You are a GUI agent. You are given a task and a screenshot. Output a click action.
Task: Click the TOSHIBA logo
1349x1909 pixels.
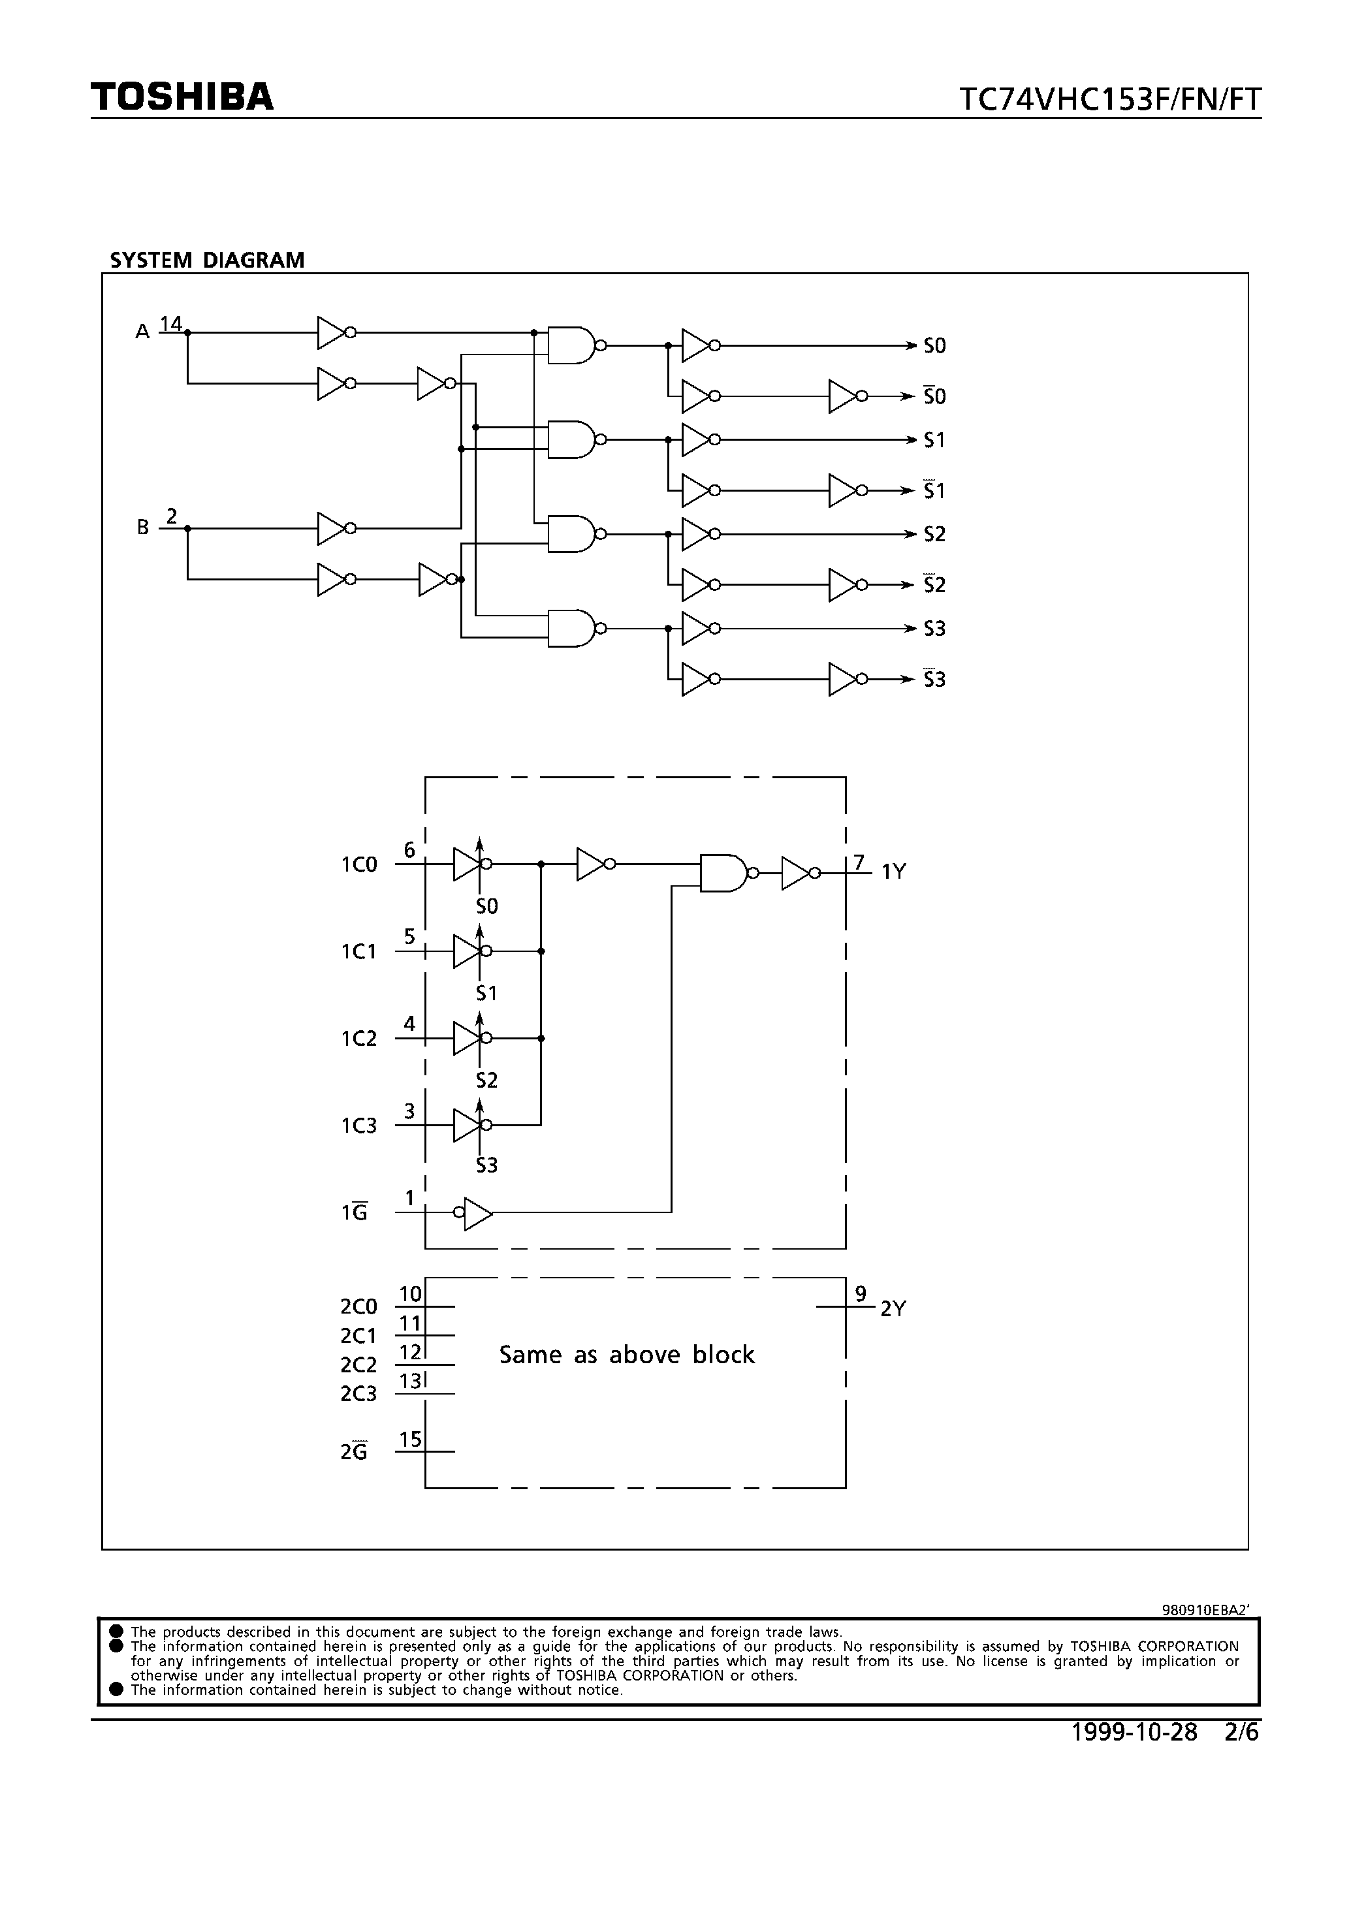click(182, 97)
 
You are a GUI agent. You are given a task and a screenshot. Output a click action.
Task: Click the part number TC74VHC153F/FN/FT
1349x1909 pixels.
click(1109, 100)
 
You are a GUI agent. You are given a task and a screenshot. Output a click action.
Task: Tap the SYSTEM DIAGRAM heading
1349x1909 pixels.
click(207, 260)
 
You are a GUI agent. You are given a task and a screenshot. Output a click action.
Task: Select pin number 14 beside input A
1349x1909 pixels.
click(170, 323)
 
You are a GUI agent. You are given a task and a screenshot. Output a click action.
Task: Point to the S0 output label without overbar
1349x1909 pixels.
click(935, 346)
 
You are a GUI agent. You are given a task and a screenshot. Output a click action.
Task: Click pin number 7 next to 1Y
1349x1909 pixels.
click(858, 862)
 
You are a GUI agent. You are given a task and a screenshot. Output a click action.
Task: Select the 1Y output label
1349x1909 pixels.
click(893, 872)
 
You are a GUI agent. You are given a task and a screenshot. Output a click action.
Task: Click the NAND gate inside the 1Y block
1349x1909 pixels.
click(724, 873)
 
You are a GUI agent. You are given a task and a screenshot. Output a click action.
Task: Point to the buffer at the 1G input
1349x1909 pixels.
click(477, 1213)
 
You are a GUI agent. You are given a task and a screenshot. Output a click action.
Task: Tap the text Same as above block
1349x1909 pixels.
click(626, 1355)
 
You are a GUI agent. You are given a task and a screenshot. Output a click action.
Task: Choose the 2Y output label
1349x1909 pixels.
click(893, 1310)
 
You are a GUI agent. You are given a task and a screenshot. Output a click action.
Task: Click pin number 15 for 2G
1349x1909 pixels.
click(410, 1439)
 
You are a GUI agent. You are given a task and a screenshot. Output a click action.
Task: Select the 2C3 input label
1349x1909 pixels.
click(358, 1395)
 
